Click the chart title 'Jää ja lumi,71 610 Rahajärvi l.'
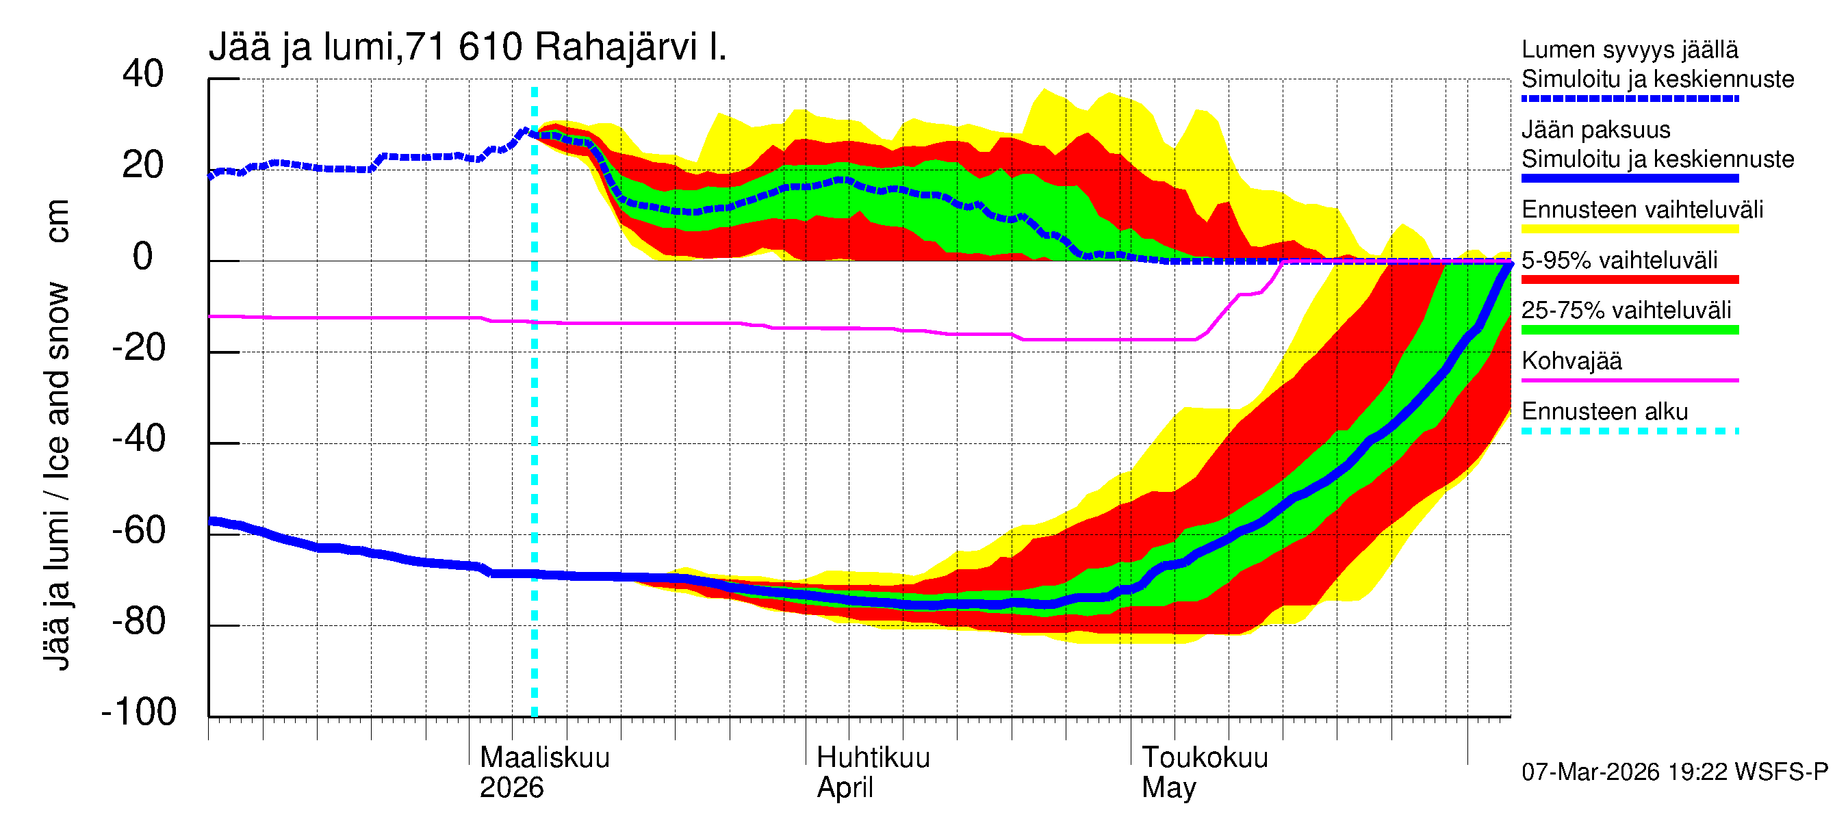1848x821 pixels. coord(467,47)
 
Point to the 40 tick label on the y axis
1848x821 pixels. coord(143,74)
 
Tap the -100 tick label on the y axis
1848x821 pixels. coord(138,712)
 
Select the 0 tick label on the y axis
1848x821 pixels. coord(143,257)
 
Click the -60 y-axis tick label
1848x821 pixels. coord(138,531)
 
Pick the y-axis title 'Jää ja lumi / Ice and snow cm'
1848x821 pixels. coord(57,434)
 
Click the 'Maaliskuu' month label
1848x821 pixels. coord(545,757)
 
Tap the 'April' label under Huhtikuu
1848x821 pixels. coord(845,788)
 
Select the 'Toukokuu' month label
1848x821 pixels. coord(1205,757)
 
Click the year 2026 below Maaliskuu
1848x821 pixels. coord(511,788)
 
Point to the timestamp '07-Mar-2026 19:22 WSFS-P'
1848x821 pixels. coord(1674,772)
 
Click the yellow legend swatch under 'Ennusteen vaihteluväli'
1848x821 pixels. coord(1629,229)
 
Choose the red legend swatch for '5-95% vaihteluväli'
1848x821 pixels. coord(1629,280)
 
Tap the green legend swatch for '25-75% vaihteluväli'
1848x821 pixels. coord(1629,330)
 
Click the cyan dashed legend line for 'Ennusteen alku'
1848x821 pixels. coord(1629,431)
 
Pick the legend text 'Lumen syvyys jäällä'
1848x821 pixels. coord(1630,49)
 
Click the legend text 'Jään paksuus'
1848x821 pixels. coord(1595,130)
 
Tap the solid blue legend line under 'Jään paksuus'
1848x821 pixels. coord(1629,179)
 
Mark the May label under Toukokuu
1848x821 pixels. coord(1168,788)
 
